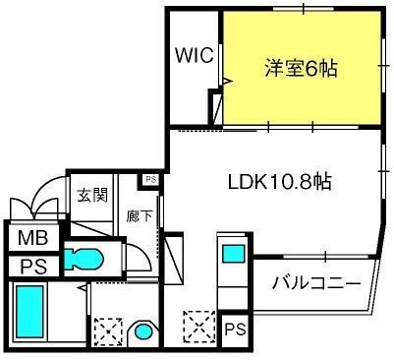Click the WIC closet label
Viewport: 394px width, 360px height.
195,55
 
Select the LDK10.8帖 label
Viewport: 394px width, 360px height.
279,182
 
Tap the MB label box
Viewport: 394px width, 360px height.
31,238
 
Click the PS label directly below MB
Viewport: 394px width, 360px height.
31,265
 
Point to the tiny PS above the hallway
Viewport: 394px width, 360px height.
149,180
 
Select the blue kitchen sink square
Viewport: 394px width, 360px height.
234,254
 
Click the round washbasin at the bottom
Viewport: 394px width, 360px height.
145,331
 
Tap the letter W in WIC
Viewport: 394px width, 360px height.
182,55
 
